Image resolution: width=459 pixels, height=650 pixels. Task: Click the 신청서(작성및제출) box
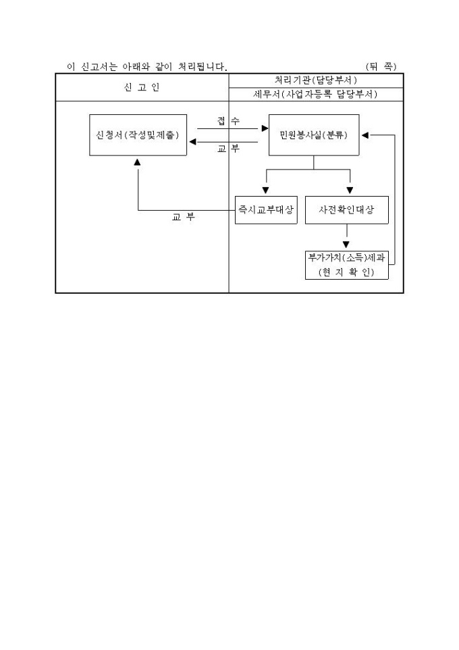click(138, 135)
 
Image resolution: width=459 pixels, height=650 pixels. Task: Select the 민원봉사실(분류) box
click(314, 135)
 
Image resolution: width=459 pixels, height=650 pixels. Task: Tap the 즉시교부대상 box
click(265, 210)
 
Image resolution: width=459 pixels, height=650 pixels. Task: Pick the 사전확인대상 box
click(347, 210)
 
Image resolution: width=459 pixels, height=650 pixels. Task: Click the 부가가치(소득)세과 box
click(347, 257)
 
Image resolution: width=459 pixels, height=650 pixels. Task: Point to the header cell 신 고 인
click(142, 87)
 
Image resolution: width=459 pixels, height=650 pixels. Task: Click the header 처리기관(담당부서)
click(316, 80)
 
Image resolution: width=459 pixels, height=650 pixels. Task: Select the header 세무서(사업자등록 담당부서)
click(316, 95)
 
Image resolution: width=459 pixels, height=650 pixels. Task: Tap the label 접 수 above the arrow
click(228, 121)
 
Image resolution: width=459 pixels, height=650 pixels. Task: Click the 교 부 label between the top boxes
click(228, 149)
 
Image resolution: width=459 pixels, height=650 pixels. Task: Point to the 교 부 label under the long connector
click(183, 218)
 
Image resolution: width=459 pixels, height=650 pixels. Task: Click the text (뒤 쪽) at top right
click(381, 66)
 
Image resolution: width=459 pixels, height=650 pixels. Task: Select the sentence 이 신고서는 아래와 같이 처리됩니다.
click(146, 66)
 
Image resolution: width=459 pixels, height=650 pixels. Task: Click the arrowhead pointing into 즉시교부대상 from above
click(265, 191)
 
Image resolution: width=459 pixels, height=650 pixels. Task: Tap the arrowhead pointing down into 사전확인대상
click(350, 191)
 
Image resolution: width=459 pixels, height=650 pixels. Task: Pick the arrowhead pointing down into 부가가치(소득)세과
click(346, 245)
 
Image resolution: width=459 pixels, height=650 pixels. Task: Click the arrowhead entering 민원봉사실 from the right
click(364, 135)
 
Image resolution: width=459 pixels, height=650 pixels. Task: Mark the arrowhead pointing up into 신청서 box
click(138, 161)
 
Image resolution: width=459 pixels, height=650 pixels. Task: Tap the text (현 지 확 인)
click(347, 273)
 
